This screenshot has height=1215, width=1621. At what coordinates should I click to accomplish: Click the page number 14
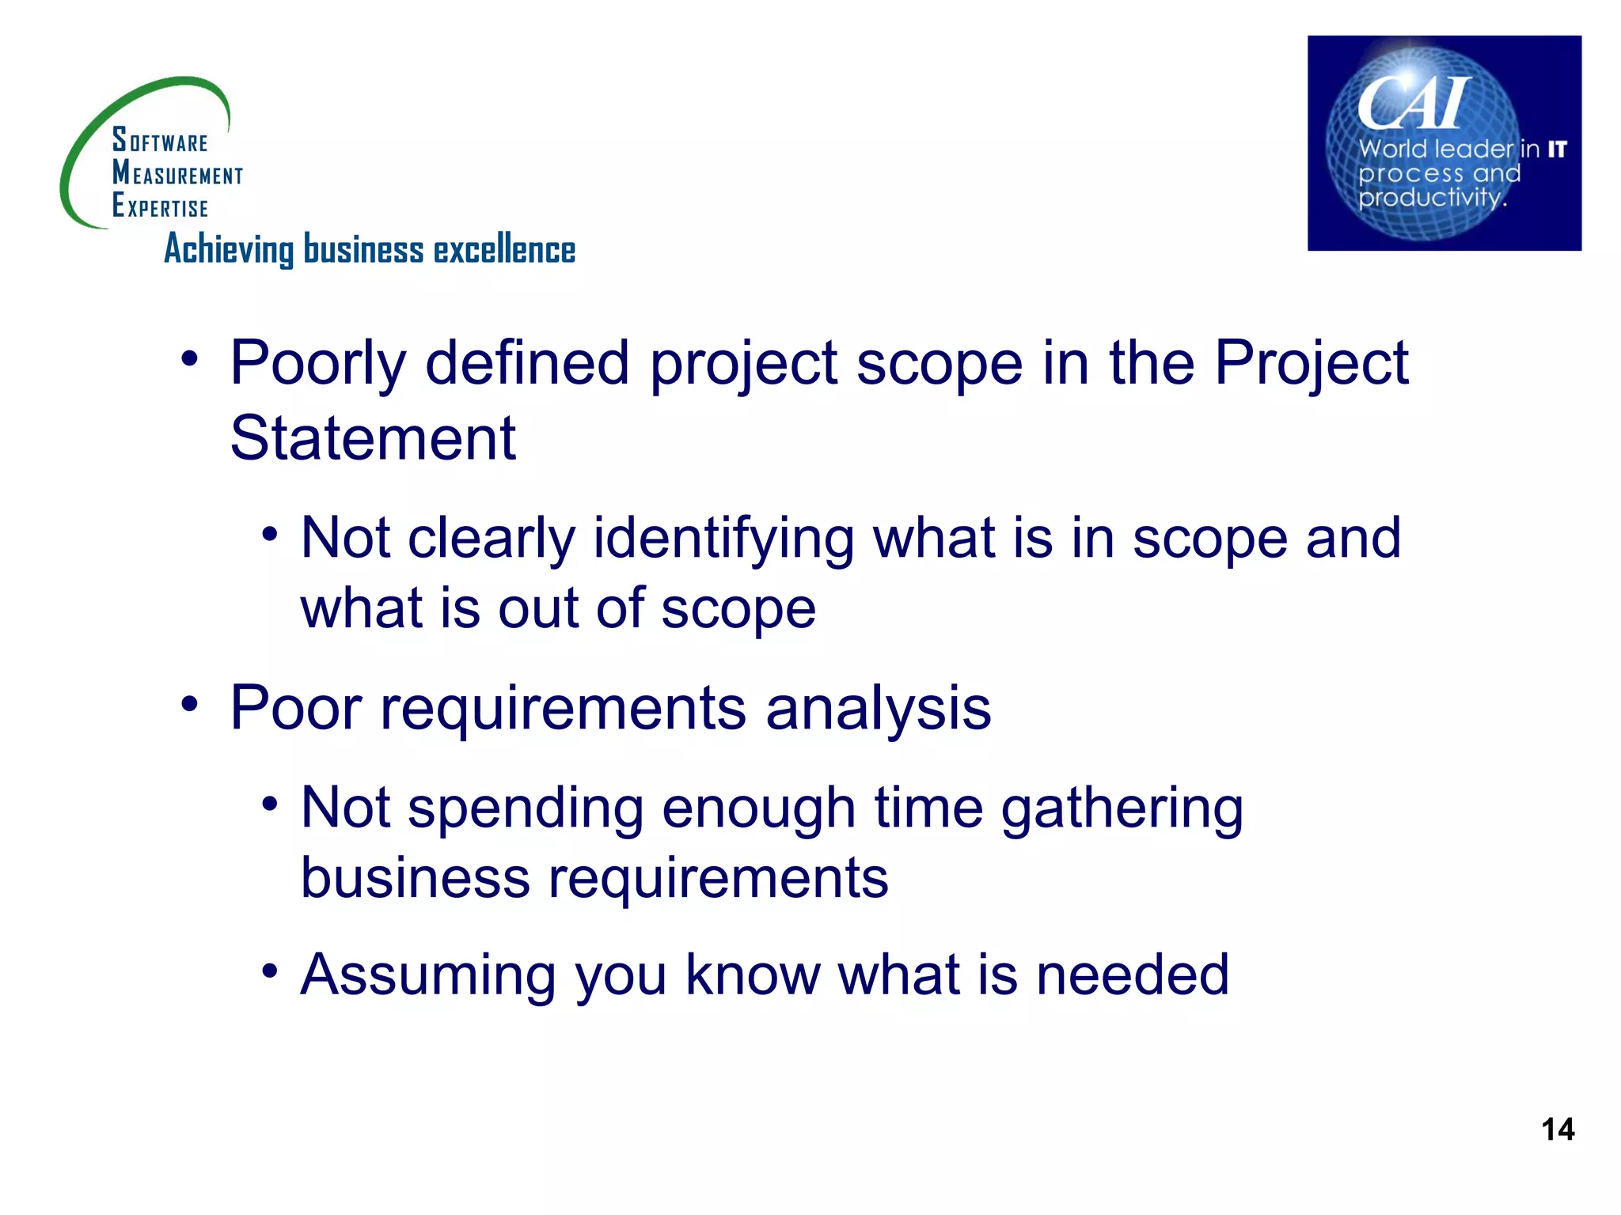(x=1558, y=1129)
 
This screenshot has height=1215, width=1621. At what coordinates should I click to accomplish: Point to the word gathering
(x=1122, y=810)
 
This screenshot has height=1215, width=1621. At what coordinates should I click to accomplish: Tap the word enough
(x=758, y=810)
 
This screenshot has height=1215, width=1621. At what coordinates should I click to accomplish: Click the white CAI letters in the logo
(x=1414, y=104)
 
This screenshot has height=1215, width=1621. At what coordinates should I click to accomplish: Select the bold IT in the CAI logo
(x=1557, y=149)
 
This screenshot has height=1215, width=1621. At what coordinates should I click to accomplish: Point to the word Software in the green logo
(x=160, y=140)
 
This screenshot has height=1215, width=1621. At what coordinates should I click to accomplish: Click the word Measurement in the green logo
(x=177, y=173)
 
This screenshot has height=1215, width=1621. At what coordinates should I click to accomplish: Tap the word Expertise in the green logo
(x=160, y=206)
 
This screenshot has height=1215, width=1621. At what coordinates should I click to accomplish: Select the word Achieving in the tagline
(x=229, y=250)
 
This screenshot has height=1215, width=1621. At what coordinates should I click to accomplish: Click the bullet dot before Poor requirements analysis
(x=189, y=703)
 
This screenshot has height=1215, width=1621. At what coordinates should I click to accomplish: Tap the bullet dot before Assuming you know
(x=270, y=970)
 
